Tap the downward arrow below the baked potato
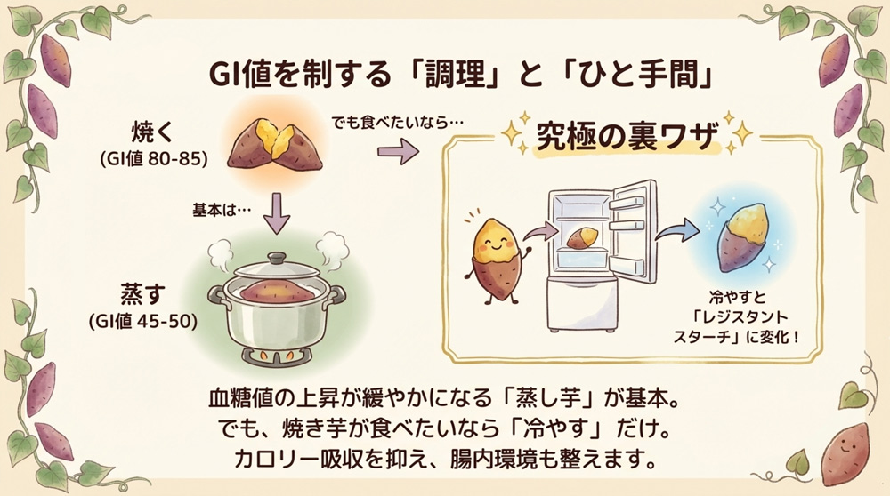click(x=278, y=212)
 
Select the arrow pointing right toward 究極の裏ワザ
click(x=399, y=152)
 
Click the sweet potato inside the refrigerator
click(x=585, y=237)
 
